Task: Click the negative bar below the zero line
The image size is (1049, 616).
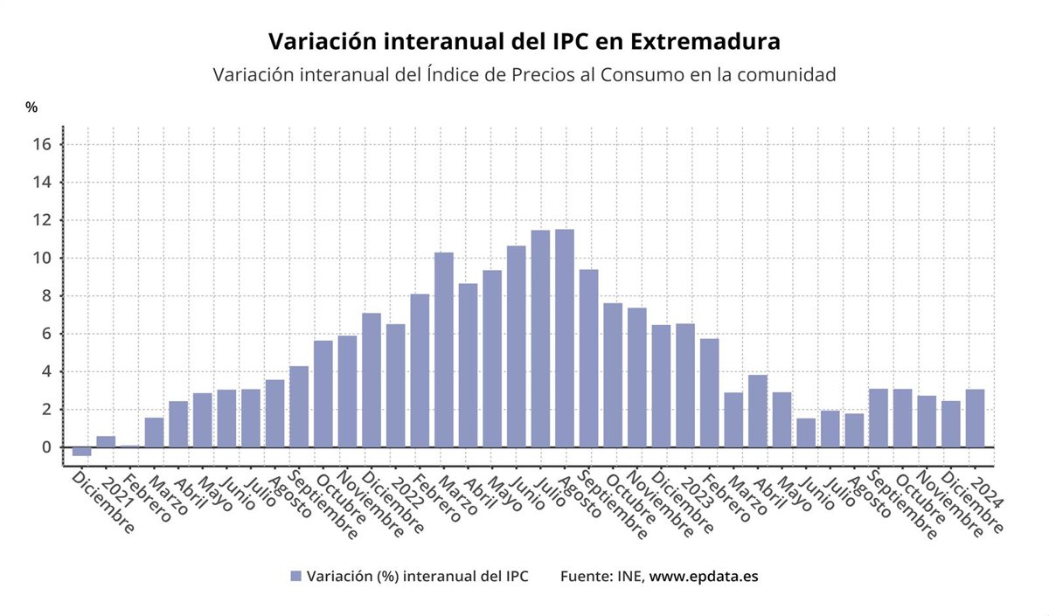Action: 81,451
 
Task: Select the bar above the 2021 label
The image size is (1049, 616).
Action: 106,441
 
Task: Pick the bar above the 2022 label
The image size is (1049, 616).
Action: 396,385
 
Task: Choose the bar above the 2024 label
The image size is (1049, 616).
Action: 976,418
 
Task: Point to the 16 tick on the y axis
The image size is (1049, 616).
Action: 43,145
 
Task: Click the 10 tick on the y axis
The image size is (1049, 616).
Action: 43,259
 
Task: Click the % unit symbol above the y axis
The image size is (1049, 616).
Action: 31,107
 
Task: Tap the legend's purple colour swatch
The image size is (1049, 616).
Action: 295,577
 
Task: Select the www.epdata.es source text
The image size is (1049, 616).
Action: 704,577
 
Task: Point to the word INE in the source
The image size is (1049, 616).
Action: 629,577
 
